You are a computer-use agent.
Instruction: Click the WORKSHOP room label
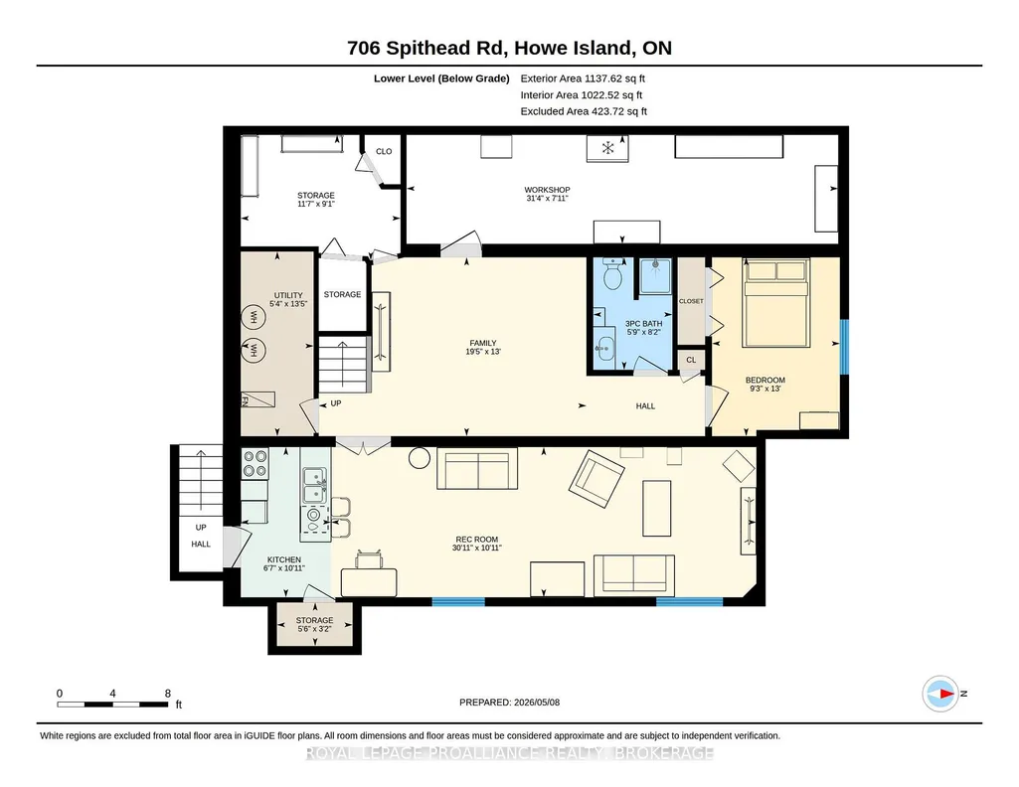pyautogui.click(x=547, y=190)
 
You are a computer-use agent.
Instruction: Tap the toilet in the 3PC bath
pyautogui.click(x=612, y=273)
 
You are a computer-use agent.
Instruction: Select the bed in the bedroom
pyautogui.click(x=776, y=303)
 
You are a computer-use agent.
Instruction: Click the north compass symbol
pyautogui.click(x=941, y=694)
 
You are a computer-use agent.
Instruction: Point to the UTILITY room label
pyautogui.click(x=288, y=295)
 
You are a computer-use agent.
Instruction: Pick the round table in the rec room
pyautogui.click(x=420, y=458)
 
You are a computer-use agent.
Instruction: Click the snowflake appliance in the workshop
pyautogui.click(x=607, y=148)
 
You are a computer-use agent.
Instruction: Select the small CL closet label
pyautogui.click(x=691, y=360)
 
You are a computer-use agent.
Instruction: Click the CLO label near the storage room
pyautogui.click(x=384, y=151)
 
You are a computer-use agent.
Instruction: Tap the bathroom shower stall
pyautogui.click(x=654, y=276)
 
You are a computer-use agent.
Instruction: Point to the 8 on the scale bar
pyautogui.click(x=168, y=694)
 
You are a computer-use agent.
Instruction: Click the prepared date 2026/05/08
pyautogui.click(x=537, y=702)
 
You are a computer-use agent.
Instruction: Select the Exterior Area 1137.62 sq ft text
pyautogui.click(x=583, y=79)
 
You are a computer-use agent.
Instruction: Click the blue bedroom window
pyautogui.click(x=844, y=347)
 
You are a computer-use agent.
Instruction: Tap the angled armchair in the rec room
pyautogui.click(x=596, y=479)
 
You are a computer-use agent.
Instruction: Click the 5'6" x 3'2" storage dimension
pyautogui.click(x=314, y=629)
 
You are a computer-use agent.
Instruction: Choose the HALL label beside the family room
pyautogui.click(x=645, y=405)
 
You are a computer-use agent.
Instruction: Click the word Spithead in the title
pyautogui.click(x=448, y=48)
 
